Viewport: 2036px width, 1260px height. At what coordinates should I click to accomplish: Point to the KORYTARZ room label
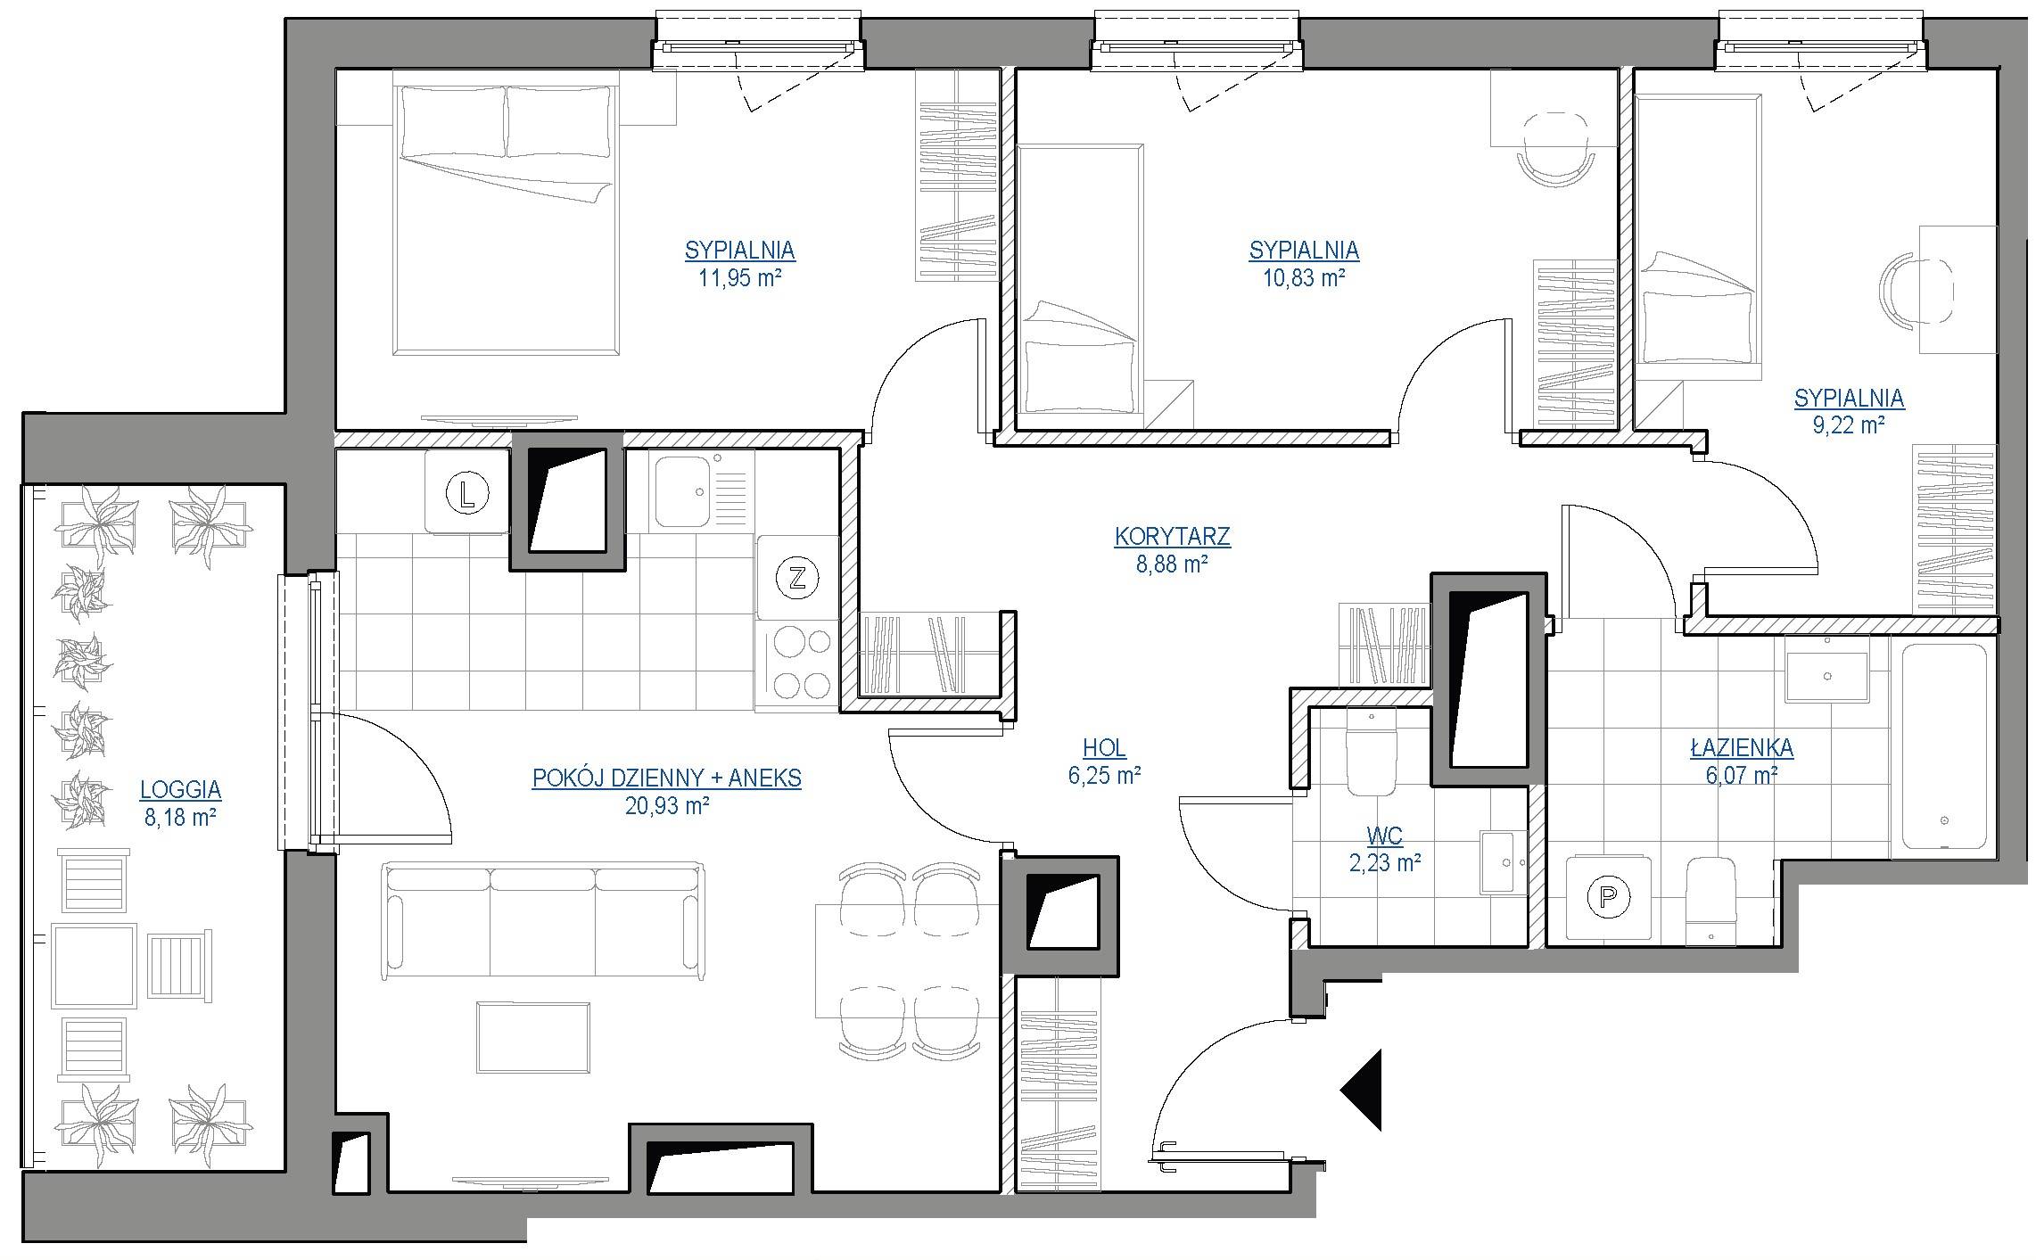1172,536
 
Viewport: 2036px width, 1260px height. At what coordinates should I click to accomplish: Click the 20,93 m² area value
667,806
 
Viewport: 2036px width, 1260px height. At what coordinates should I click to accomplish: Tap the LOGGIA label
180,789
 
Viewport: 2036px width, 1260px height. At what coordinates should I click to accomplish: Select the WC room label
1384,836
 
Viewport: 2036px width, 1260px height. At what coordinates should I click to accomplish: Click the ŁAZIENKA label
1742,747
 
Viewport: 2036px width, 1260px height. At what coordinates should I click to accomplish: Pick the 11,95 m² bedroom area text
740,277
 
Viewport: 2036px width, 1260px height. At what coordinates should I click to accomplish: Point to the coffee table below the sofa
533,1037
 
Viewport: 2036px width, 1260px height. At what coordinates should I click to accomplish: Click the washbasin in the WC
1504,862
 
